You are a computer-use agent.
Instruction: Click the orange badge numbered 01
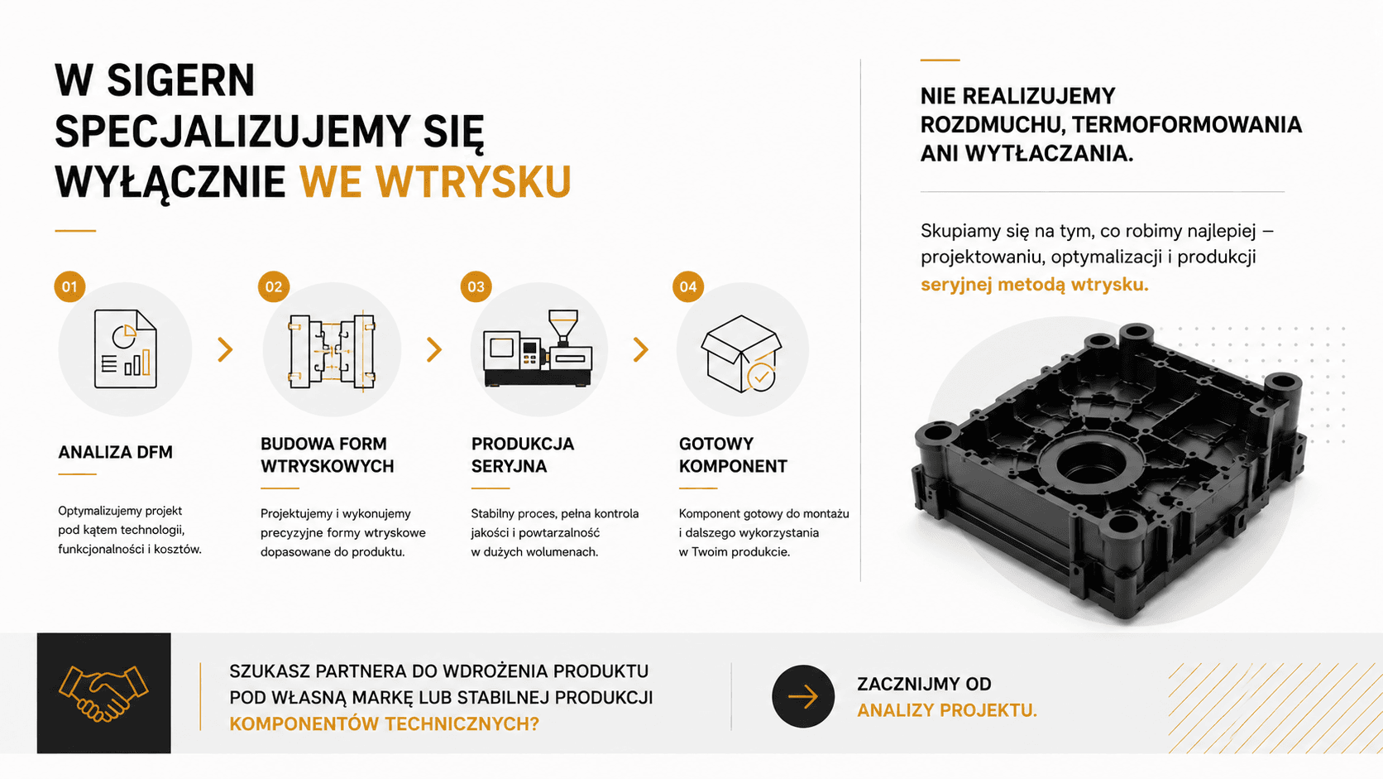[69, 286]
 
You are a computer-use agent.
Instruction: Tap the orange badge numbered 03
[476, 286]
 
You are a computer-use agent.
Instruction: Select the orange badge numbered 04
[688, 286]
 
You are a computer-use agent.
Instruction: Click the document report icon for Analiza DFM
[126, 349]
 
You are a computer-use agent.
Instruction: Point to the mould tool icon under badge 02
[333, 351]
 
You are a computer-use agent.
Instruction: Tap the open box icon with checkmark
[741, 353]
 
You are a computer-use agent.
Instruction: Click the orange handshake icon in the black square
[103, 693]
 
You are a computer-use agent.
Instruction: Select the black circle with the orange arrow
[802, 696]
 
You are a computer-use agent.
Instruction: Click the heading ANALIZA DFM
[116, 452]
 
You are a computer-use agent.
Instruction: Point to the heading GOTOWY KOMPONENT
[733, 454]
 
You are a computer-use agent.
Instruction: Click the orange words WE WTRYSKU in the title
[435, 181]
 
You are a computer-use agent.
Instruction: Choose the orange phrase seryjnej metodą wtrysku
[1034, 285]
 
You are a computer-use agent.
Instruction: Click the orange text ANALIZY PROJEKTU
[947, 710]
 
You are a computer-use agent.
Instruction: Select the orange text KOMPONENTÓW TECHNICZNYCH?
[384, 724]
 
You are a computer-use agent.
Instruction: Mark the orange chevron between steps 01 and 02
[225, 349]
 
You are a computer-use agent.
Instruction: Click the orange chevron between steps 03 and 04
[641, 349]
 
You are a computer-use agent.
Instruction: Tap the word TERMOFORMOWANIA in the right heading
[1187, 125]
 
